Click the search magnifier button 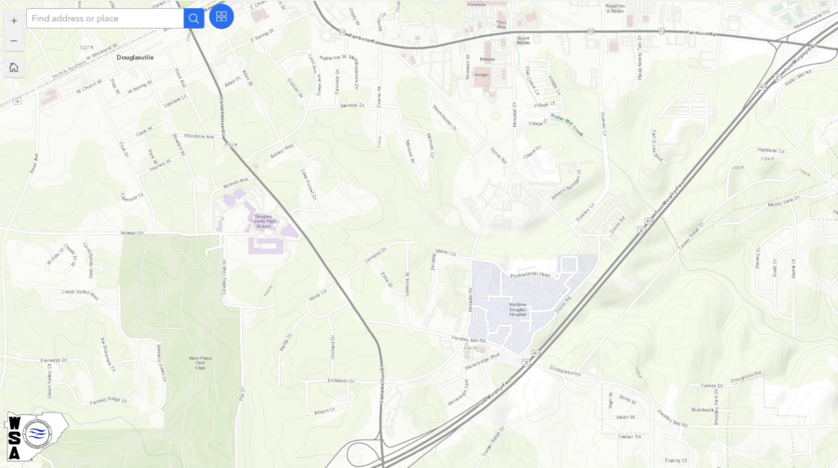click(194, 18)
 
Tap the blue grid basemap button click(221, 16)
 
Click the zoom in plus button click(14, 20)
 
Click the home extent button click(14, 67)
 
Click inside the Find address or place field click(105, 18)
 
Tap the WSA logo click(36, 434)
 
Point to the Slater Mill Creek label click(567, 124)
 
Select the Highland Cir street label click(771, 151)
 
